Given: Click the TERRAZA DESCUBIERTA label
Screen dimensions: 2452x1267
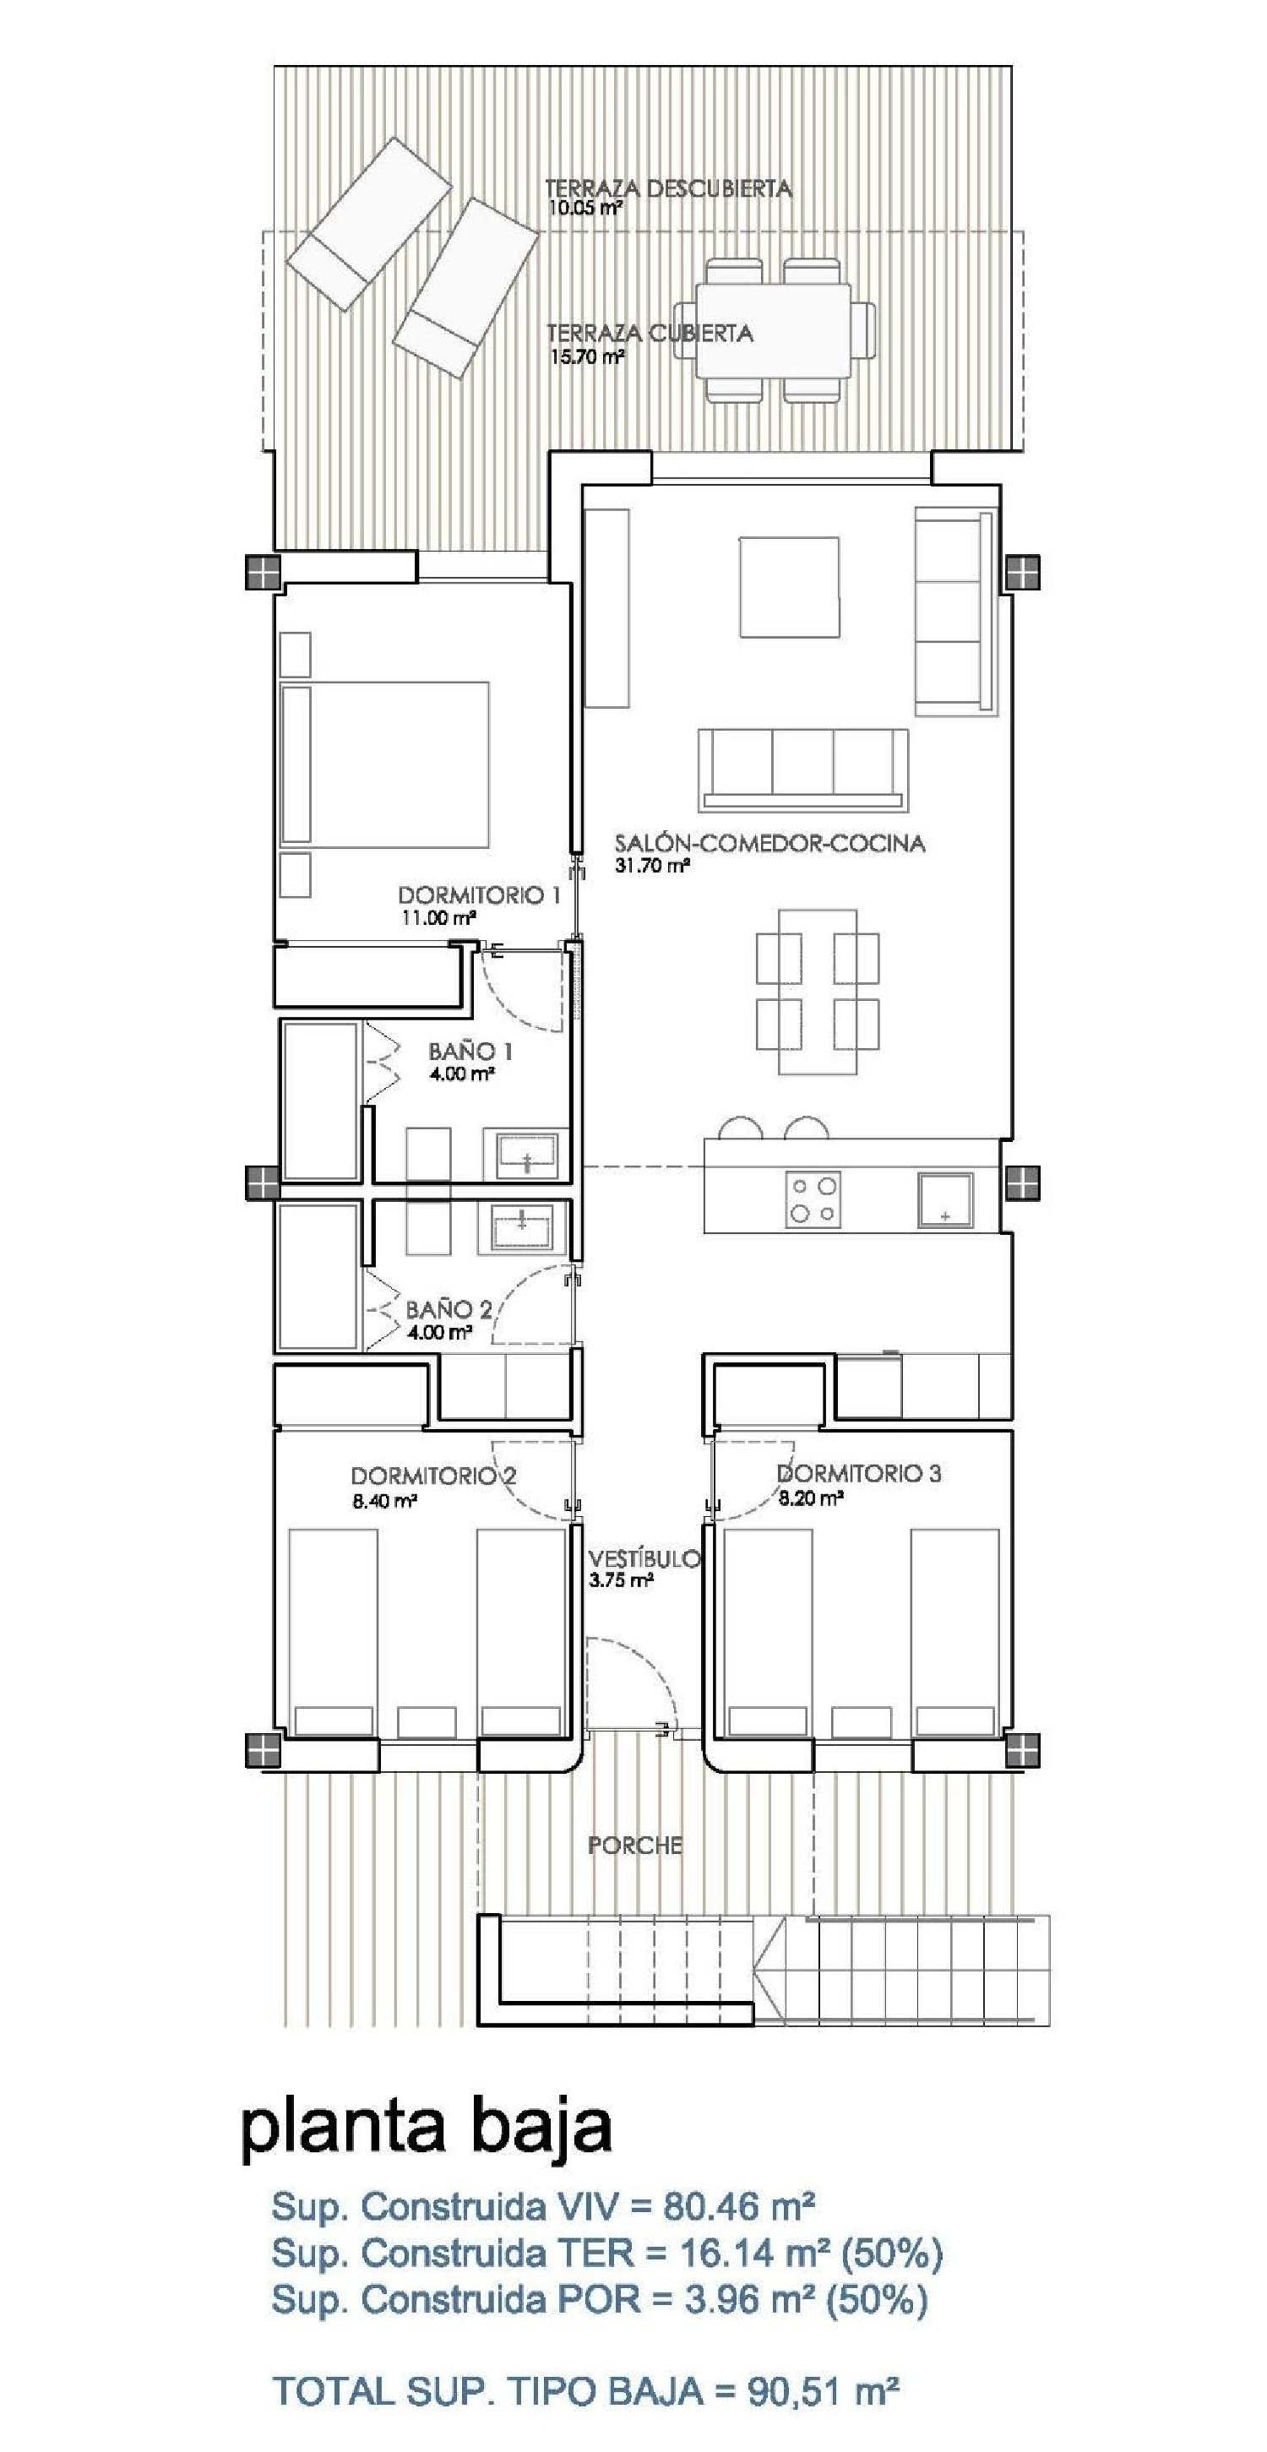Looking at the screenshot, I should click(667, 188).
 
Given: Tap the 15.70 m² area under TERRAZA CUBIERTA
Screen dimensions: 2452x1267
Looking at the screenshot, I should click(587, 357).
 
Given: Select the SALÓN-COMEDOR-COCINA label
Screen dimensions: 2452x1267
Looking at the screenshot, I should click(769, 843).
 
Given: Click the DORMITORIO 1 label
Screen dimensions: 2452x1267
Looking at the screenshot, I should click(479, 894).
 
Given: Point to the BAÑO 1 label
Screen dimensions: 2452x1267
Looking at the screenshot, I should click(470, 1051).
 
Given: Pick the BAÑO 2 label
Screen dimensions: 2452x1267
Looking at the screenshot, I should click(449, 1309).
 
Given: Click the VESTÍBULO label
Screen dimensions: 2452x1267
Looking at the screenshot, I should click(644, 1559).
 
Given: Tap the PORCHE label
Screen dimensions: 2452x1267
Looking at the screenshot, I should click(635, 1846).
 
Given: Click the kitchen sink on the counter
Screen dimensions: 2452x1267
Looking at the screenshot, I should click(944, 1199).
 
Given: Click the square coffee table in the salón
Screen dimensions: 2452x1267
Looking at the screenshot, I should click(789, 586).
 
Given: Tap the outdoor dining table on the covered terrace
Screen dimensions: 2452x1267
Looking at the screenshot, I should click(773, 330).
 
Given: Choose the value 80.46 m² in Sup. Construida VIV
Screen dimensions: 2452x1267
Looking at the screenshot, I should click(739, 2205).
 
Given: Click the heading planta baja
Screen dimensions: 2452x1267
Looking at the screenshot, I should click(426, 2128).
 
